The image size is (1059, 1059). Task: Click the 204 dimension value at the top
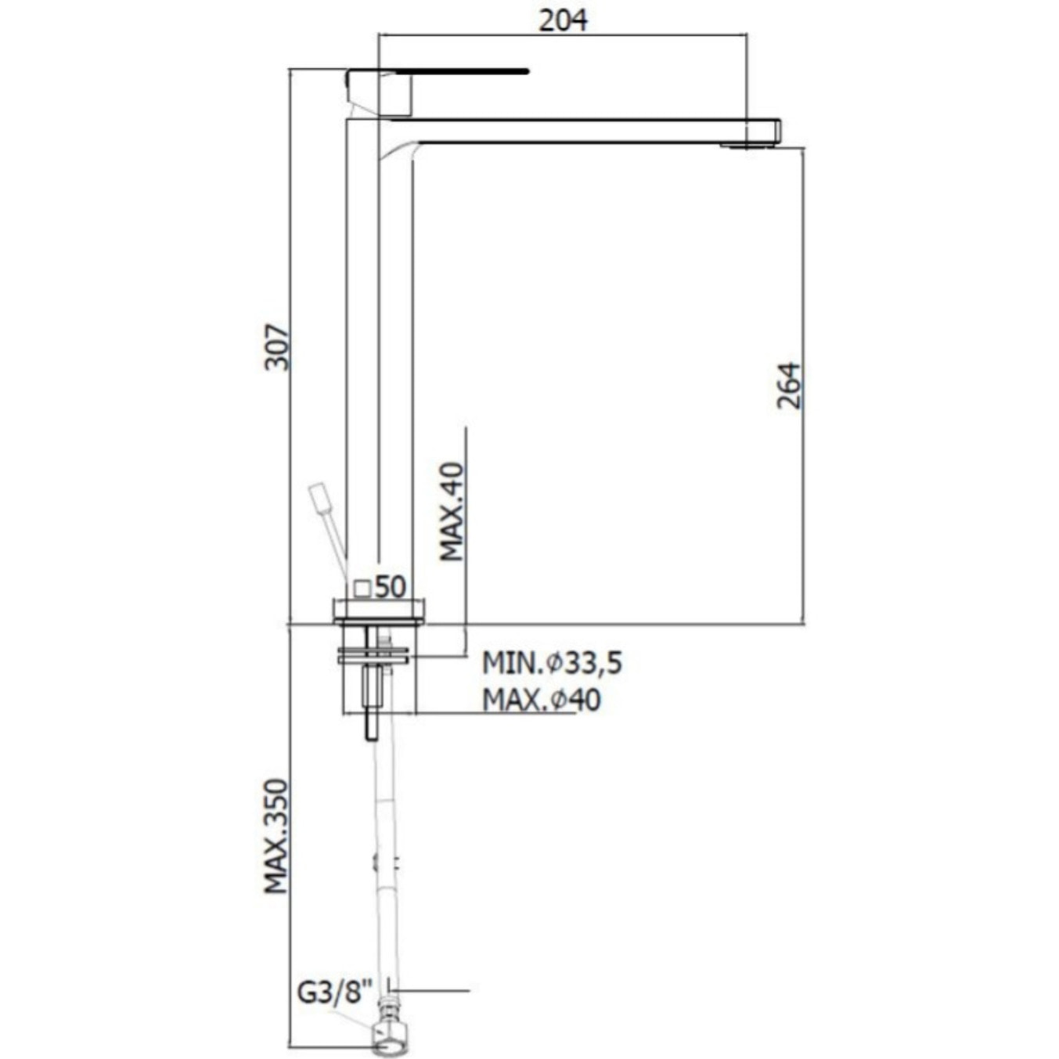pos(563,20)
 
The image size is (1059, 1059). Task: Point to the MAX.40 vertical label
pos(452,511)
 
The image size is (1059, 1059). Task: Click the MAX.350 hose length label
pos(276,836)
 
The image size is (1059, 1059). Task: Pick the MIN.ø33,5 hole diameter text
pos(552,663)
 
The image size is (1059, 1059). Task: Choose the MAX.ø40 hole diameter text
pos(541,699)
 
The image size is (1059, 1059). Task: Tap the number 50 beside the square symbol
pos(390,586)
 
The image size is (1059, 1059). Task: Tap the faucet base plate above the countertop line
pos(380,611)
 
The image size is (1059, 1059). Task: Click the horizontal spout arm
pos(579,131)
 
